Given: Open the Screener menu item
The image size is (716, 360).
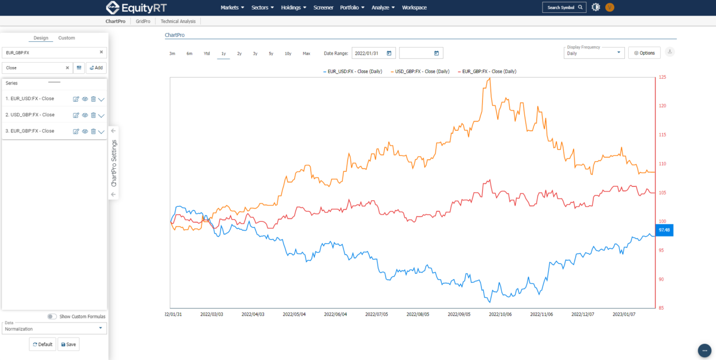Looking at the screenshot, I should coord(323,8).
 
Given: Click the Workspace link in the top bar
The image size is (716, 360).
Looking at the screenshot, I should coord(414,8).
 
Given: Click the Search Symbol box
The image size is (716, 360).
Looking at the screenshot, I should coord(564,7).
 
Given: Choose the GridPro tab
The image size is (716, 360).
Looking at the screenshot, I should coord(143,21).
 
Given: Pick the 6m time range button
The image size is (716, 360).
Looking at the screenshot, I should coord(190,54).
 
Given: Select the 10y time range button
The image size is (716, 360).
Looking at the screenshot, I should coord(288,54).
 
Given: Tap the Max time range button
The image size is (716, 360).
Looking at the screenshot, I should coord(307,54).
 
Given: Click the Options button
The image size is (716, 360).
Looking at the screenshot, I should coord(644,53).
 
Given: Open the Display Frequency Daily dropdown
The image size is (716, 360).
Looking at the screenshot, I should coord(594,53).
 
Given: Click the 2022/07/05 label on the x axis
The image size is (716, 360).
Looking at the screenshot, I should coord(377,314).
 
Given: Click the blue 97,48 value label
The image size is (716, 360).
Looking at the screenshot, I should coord(664,230).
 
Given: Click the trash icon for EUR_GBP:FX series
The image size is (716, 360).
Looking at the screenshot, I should coord(93,131).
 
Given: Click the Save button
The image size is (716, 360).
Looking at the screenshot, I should coord(68,344).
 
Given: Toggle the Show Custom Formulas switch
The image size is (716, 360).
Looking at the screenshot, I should coord(52,316).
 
